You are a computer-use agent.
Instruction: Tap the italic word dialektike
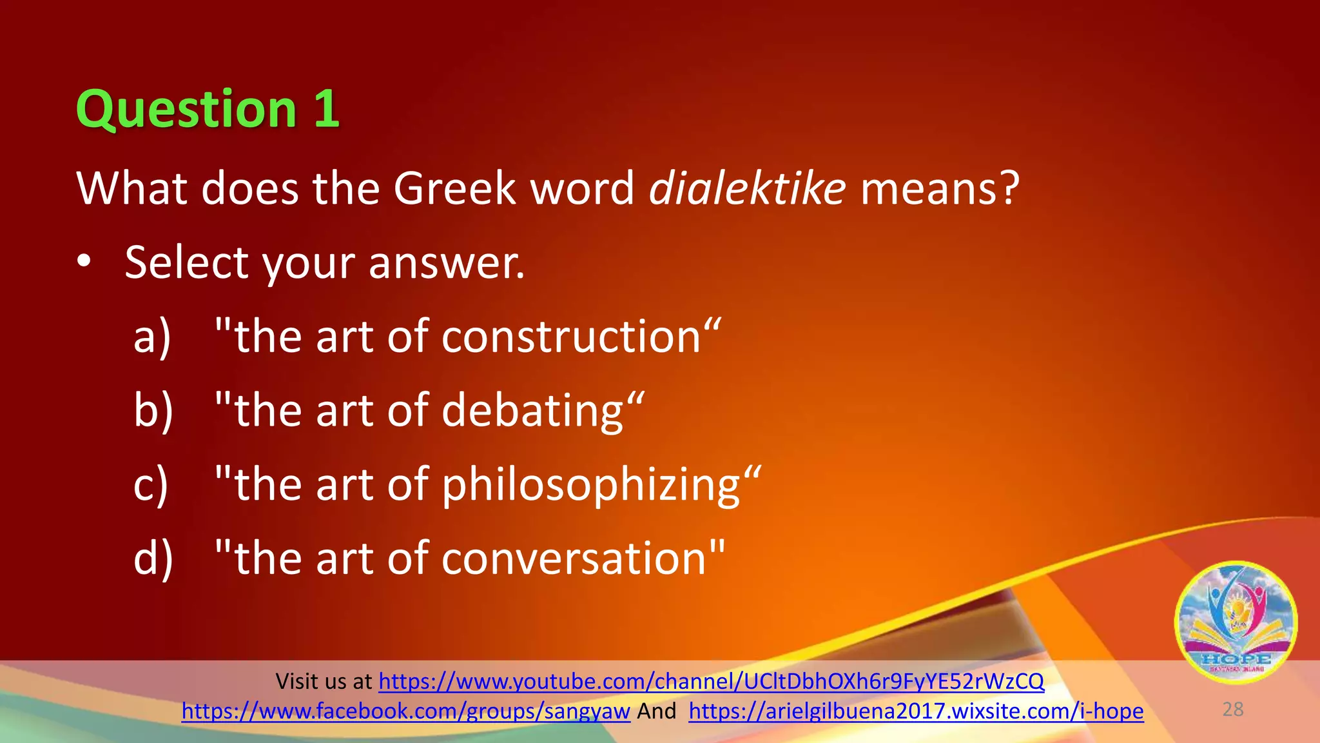coord(746,188)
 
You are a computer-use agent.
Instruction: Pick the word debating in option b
coord(533,411)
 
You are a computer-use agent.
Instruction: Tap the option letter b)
coord(153,411)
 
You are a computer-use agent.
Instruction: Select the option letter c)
coord(151,485)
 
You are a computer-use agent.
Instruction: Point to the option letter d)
coord(153,558)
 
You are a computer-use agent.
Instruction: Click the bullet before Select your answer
coord(84,263)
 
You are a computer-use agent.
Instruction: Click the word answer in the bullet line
coord(446,263)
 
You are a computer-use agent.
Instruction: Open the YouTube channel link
coord(711,681)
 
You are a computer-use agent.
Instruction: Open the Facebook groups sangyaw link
coord(405,711)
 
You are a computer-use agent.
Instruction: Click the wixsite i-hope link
coord(915,711)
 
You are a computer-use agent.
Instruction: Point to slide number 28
coord(1232,709)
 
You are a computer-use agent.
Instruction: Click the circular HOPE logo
coord(1235,622)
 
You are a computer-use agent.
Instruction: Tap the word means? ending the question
coord(940,188)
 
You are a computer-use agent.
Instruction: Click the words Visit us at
coord(324,681)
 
